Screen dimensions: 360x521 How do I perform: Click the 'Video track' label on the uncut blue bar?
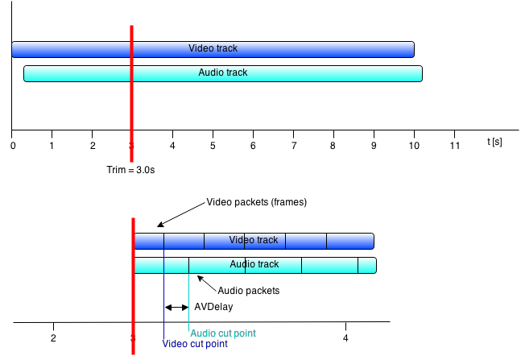click(x=213, y=48)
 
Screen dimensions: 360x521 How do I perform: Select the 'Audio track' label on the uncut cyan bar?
click(x=222, y=72)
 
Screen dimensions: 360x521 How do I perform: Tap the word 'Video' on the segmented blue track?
click(x=240, y=240)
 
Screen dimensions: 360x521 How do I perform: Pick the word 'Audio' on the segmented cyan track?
click(x=242, y=264)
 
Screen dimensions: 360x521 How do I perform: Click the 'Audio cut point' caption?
click(x=223, y=333)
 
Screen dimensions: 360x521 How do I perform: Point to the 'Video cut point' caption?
click(x=195, y=344)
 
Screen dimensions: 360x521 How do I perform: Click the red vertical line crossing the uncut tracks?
click(x=131, y=121)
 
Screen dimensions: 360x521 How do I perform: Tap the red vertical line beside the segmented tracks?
click(x=133, y=306)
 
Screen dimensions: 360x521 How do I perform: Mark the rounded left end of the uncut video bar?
click(x=15, y=49)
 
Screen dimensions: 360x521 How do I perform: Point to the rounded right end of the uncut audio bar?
click(x=419, y=73)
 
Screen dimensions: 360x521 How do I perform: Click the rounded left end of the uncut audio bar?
click(x=27, y=73)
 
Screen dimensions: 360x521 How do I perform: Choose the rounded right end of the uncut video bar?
click(x=411, y=49)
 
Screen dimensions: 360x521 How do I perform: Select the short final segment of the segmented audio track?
click(x=366, y=265)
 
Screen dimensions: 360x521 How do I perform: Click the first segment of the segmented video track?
click(x=149, y=241)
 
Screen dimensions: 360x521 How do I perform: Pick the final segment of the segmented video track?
click(x=349, y=241)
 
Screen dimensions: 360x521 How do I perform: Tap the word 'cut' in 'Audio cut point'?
click(x=225, y=333)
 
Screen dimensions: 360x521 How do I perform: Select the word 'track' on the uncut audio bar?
click(x=235, y=72)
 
